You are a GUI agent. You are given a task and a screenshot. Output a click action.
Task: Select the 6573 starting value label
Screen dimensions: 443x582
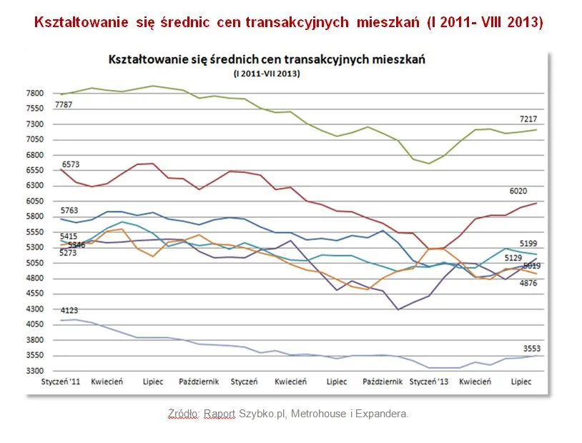(69, 164)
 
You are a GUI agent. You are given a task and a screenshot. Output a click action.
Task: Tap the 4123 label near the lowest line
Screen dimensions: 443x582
(69, 311)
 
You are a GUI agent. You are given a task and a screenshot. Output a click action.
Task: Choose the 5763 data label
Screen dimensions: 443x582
(69, 211)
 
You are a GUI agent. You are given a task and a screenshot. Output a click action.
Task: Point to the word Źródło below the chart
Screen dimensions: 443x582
(184, 414)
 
